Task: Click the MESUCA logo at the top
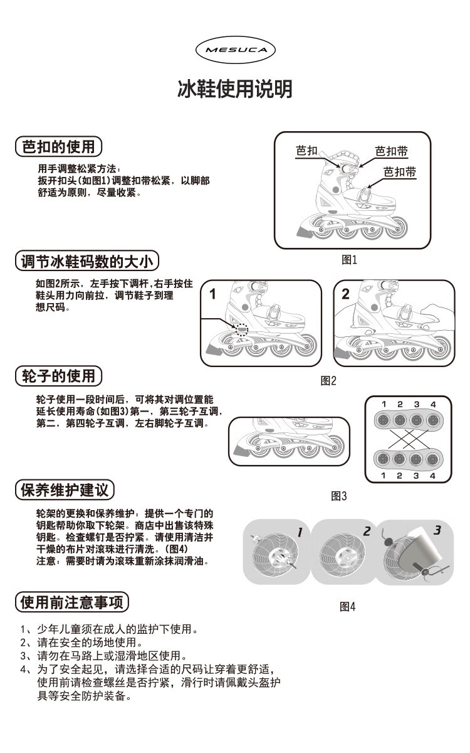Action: click(235, 48)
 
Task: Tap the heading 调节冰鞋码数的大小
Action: click(87, 261)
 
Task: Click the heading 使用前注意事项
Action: click(75, 603)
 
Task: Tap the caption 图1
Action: click(349, 259)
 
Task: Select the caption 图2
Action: click(329, 380)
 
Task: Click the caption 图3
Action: click(339, 496)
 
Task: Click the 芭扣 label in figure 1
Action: click(306, 151)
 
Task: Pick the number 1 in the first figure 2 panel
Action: click(213, 293)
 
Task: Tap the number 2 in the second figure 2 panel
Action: click(346, 293)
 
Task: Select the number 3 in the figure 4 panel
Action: click(437, 531)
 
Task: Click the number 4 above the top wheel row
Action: click(433, 403)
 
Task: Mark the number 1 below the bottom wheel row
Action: click(384, 476)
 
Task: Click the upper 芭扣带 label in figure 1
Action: click(392, 151)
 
